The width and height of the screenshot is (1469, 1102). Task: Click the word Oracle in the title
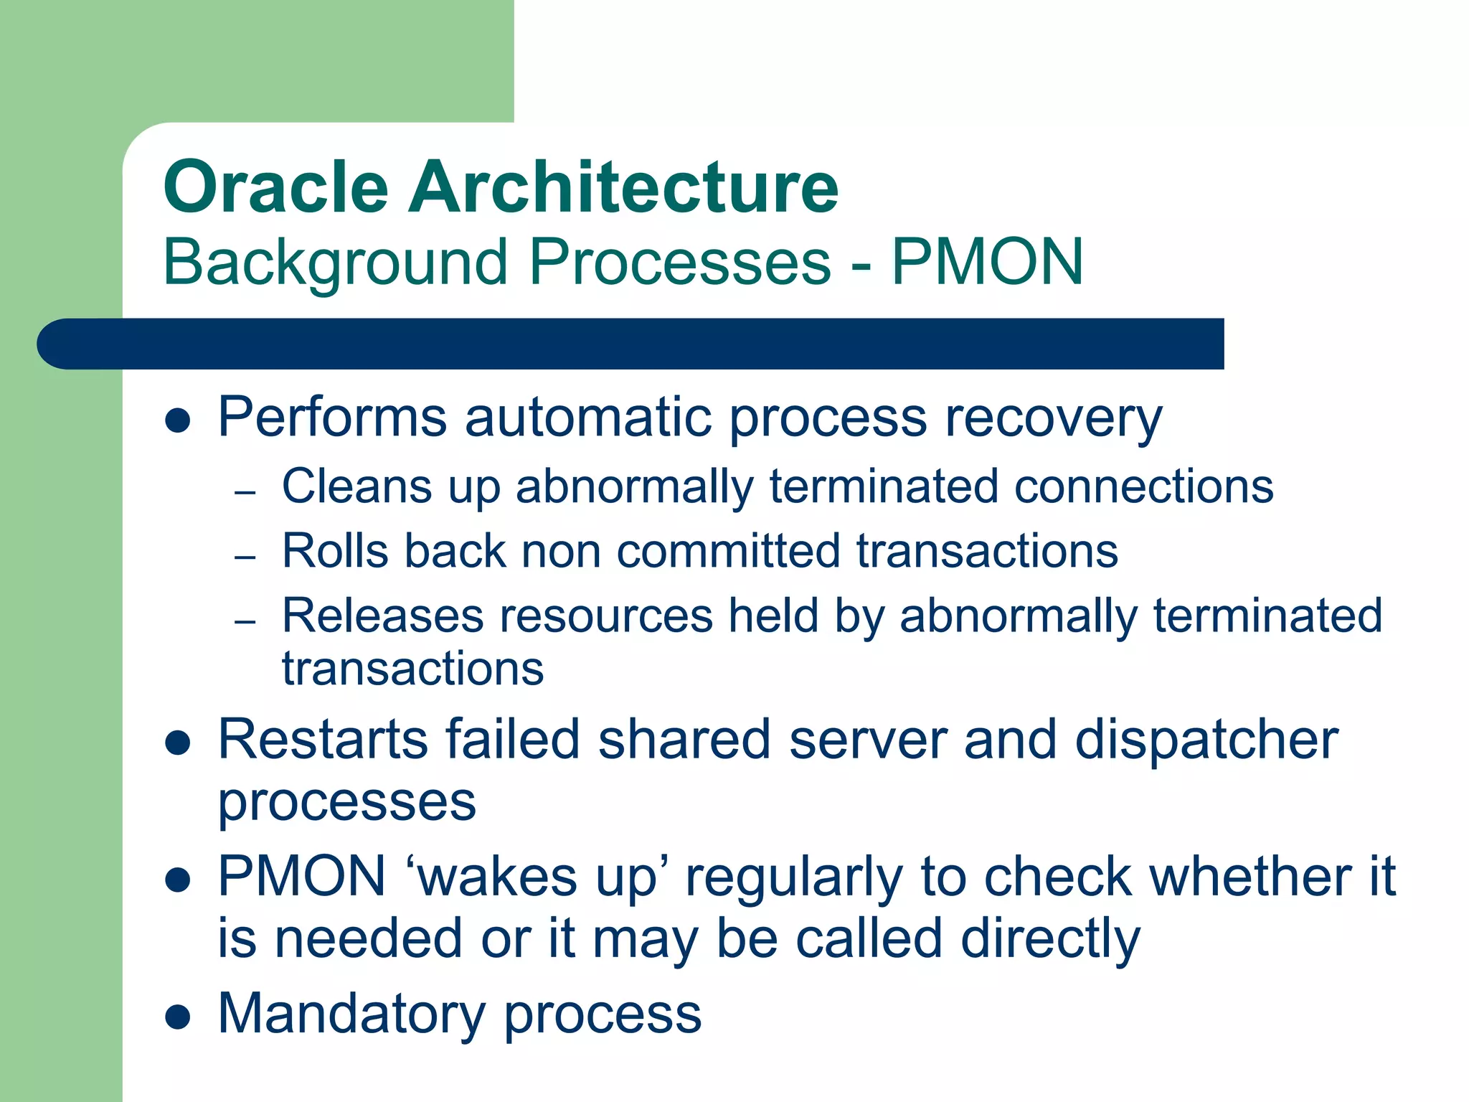[276, 188]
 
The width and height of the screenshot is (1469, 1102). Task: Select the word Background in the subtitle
[336, 263]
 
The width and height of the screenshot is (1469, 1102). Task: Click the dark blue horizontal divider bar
[631, 344]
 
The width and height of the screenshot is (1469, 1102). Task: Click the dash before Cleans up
[245, 493]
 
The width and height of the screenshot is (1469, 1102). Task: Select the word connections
[1144, 487]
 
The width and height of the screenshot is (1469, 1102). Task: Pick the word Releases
[382, 616]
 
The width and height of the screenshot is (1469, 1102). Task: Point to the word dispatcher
[1206, 740]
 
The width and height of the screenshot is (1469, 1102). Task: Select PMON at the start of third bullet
[302, 877]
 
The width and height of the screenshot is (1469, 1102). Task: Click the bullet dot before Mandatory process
[177, 1017]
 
